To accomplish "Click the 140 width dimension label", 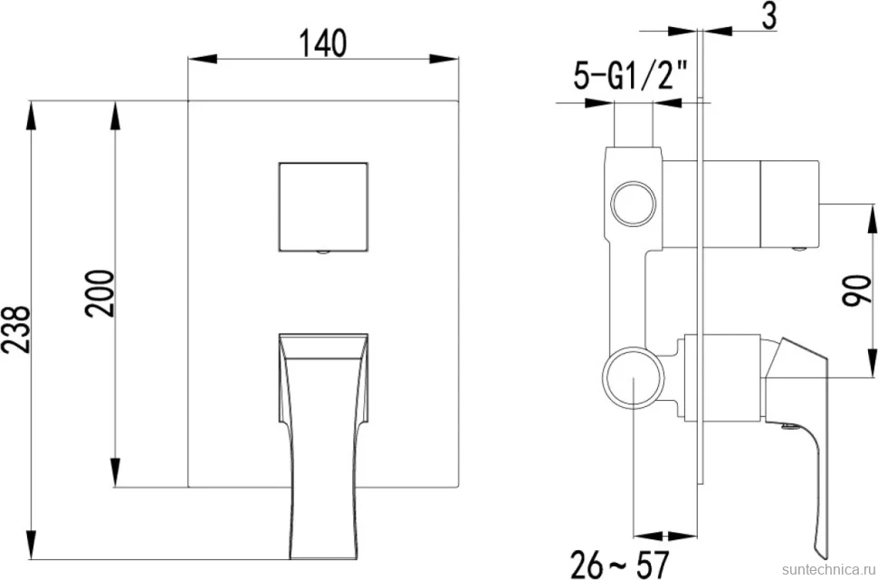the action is [323, 43].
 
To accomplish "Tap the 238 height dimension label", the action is [14, 330].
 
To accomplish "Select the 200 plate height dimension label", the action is [100, 293].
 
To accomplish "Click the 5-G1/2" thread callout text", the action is [630, 77].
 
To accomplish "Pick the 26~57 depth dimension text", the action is [620, 564].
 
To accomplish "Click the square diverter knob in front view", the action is [323, 206].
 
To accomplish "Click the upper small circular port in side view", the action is [633, 204].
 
